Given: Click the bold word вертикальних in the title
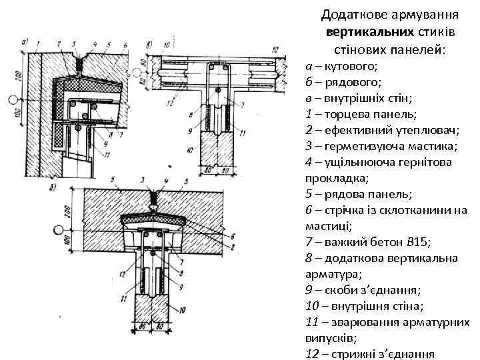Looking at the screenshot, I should coord(359,31).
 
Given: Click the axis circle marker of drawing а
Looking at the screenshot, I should coord(11,101).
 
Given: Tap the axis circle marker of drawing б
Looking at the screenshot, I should coord(58,231).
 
